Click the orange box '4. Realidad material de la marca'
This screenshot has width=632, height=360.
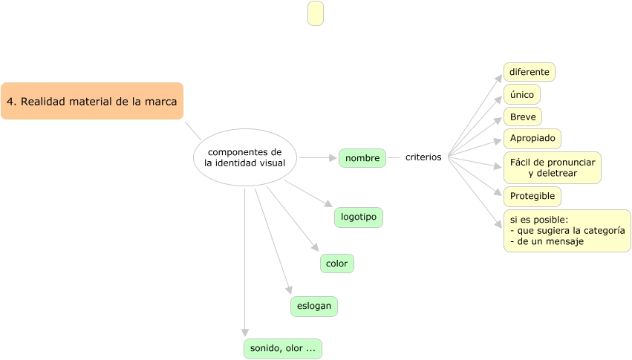(x=92, y=101)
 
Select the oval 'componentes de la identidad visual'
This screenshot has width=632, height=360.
(x=244, y=157)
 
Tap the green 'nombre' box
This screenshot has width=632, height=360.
(x=362, y=157)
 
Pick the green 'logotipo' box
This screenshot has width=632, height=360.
(x=359, y=217)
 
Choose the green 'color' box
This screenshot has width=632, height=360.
(x=337, y=264)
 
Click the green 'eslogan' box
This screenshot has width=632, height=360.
(x=314, y=306)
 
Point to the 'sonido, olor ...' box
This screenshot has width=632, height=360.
(x=283, y=348)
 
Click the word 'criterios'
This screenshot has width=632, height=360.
(x=423, y=157)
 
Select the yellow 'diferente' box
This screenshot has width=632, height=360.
(x=530, y=72)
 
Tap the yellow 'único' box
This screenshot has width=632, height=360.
(x=522, y=95)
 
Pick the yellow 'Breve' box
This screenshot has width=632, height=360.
(x=523, y=117)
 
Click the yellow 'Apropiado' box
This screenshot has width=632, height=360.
(x=532, y=138)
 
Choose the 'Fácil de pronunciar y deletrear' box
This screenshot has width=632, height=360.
(x=553, y=168)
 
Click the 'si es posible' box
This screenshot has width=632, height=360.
(x=567, y=230)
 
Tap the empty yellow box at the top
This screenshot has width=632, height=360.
(x=316, y=13)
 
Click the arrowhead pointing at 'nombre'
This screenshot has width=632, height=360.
(x=333, y=157)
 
